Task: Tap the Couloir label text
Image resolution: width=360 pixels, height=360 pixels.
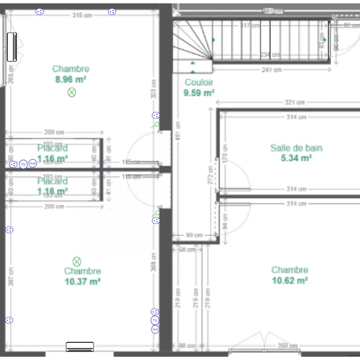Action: (199, 83)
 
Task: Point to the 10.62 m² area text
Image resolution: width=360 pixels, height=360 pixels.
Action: (289, 280)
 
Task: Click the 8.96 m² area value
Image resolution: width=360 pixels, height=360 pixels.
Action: (71, 79)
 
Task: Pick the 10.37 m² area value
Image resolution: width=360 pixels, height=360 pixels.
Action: (82, 282)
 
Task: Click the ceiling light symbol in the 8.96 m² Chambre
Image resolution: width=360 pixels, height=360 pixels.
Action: (72, 92)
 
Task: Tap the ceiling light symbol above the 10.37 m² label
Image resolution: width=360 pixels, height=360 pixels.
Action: (77, 262)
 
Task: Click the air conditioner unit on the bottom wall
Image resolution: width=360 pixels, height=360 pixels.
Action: (80, 346)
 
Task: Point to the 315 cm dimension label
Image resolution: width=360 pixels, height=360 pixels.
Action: (82, 15)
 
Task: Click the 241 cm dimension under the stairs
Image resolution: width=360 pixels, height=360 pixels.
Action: (272, 70)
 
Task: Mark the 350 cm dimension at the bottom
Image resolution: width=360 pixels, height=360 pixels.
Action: (287, 346)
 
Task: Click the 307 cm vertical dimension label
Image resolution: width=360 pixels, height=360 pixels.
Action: (11, 276)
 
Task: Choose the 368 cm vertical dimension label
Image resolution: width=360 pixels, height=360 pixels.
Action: (154, 262)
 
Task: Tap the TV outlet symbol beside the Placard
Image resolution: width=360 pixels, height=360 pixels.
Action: (23, 164)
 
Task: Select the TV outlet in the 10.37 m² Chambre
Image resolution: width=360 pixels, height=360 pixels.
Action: (155, 320)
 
